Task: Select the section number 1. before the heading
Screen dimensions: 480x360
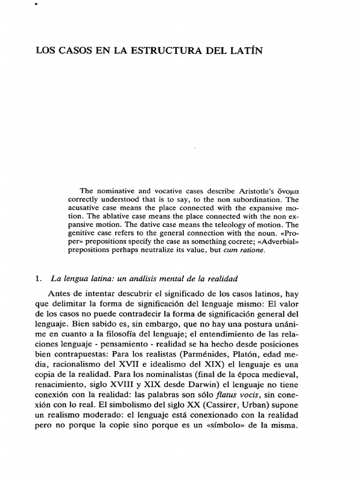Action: pyautogui.click(x=39, y=278)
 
